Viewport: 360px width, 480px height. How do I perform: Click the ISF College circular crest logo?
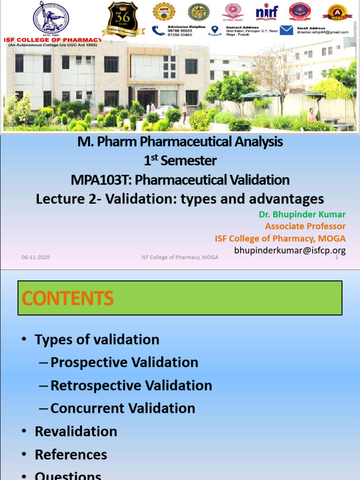tap(51, 18)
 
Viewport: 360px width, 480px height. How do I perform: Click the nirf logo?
tap(267, 13)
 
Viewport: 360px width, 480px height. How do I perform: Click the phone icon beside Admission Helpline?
tap(159, 30)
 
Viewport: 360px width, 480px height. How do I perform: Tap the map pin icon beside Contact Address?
tap(215, 30)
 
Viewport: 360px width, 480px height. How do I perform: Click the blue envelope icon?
tap(287, 30)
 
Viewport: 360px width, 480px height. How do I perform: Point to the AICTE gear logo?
tap(164, 12)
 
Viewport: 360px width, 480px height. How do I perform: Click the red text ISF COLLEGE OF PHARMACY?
tap(52, 40)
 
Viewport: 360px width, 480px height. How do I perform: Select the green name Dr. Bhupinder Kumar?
tap(302, 215)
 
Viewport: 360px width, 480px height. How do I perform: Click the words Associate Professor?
tap(305, 226)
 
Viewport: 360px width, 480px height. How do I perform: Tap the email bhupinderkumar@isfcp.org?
tap(290, 250)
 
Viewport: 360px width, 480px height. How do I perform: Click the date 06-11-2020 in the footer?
tap(36, 257)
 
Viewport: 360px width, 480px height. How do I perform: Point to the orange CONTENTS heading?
tap(68, 298)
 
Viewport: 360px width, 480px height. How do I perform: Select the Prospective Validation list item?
tap(124, 362)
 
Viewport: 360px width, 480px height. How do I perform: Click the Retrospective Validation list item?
tap(131, 385)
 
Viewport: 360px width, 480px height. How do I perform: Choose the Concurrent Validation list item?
tap(123, 408)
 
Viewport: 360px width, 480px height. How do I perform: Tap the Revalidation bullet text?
tap(76, 431)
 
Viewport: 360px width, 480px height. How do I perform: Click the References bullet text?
tap(71, 454)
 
